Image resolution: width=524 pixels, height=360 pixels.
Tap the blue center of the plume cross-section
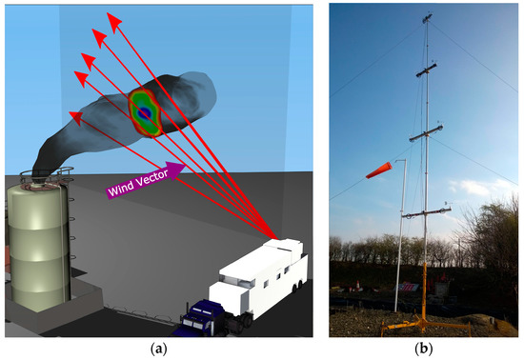point(145,112)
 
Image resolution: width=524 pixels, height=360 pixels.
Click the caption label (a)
point(157,349)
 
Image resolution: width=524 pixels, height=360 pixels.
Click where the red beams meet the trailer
point(277,237)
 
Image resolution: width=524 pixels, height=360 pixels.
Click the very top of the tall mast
point(426,13)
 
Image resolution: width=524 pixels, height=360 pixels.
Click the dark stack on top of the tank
point(41,174)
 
